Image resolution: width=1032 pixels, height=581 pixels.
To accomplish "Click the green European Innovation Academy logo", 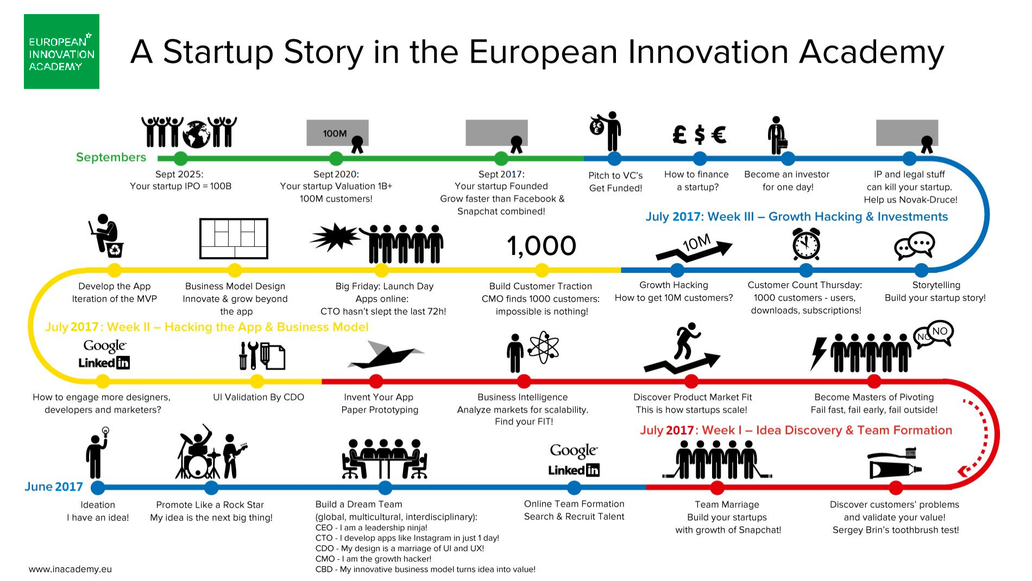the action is point(61,52).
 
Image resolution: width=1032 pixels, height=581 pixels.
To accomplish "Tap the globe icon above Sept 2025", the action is point(196,134).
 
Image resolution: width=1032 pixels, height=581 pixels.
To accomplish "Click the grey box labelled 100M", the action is point(337,133).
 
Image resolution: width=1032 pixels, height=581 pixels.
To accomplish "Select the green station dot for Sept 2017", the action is point(501,159).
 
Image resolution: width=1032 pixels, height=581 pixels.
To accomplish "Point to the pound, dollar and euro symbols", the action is point(699,134).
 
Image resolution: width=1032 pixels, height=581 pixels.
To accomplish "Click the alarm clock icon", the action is point(806,245).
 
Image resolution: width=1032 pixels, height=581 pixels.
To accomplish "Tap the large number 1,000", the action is point(542,246).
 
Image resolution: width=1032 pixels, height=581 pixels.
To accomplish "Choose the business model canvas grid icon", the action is point(234,239).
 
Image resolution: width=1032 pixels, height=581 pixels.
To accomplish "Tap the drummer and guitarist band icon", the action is point(211,452).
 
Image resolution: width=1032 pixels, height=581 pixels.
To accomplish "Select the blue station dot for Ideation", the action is point(98,488).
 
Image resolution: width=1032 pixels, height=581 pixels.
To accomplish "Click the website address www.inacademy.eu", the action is point(70,569).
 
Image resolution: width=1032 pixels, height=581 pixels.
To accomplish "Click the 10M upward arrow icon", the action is point(694,248).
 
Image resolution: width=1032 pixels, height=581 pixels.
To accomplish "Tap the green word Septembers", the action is point(111,157).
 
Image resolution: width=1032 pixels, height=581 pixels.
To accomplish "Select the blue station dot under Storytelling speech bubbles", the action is point(921,270).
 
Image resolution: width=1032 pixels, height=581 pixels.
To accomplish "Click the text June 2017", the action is point(54,486).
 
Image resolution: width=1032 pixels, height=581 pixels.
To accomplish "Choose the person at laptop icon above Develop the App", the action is point(106,235).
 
